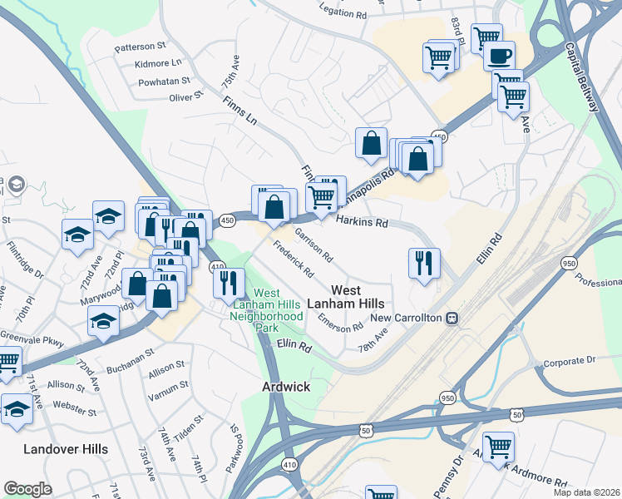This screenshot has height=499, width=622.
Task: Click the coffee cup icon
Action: click(499, 57)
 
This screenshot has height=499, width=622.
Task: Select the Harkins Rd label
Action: click(362, 222)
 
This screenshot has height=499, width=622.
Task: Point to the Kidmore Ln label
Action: click(157, 62)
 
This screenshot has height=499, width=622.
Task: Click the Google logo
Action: click(27, 488)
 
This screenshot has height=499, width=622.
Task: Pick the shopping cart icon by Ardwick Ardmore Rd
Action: click(498, 447)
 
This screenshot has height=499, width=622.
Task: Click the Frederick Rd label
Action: click(294, 259)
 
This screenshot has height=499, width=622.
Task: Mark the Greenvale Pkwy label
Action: click(20, 338)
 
